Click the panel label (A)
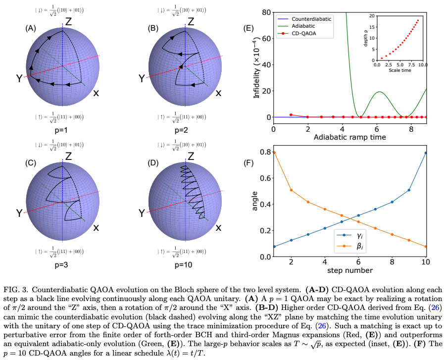31,29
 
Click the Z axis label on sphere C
69,156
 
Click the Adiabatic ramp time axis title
349,137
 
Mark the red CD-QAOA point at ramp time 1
291,115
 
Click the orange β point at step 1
274,153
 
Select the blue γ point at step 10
426,153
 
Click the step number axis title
349,270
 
